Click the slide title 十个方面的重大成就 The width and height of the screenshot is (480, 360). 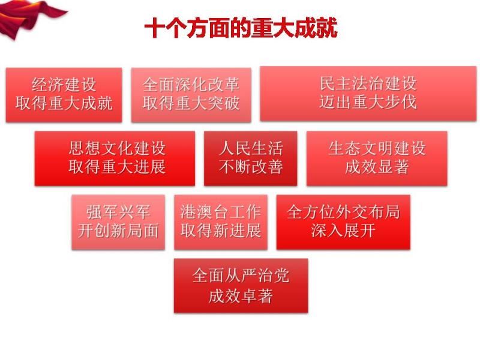click(241, 28)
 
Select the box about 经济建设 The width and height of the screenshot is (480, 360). click(64, 95)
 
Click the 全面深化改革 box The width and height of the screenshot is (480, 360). click(191, 95)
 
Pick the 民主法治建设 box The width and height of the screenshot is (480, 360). click(368, 94)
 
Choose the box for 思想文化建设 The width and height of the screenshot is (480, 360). click(115, 158)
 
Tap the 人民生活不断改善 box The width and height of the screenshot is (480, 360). click(250, 158)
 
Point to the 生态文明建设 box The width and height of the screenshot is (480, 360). click(377, 158)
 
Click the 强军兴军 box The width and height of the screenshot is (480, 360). click(118, 222)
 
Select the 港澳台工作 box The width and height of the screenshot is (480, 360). click(220, 222)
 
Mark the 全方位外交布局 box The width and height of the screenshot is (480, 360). click(343, 222)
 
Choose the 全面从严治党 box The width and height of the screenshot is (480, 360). click(241, 286)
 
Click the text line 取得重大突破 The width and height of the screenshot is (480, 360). click(191, 103)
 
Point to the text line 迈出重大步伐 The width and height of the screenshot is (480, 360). click(368, 102)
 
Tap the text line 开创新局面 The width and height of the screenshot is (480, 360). click(118, 230)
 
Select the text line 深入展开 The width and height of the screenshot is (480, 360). click(343, 230)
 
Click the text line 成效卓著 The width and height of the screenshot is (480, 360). click(241, 296)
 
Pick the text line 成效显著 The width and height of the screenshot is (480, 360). click(377, 167)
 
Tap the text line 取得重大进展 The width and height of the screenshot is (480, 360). click(117, 167)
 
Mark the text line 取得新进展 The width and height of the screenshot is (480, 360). click(220, 230)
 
